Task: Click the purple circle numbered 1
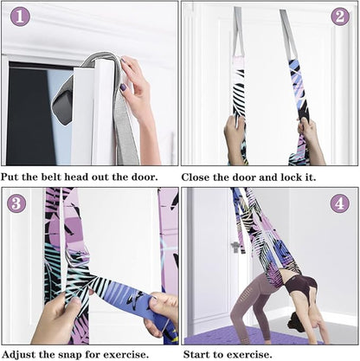pyautogui.click(x=20, y=16)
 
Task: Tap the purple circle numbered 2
pyautogui.click(x=340, y=16)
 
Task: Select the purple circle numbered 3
pyautogui.click(x=16, y=203)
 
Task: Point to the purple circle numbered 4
pyautogui.click(x=340, y=203)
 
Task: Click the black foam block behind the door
pyautogui.click(x=61, y=107)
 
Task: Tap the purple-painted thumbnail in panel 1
pyautogui.click(x=123, y=87)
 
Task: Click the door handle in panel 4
pyautogui.click(x=235, y=247)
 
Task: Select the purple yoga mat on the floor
pyautogui.click(x=251, y=336)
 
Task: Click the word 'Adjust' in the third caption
pyautogui.click(x=18, y=354)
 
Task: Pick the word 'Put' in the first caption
pyautogui.click(x=10, y=177)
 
